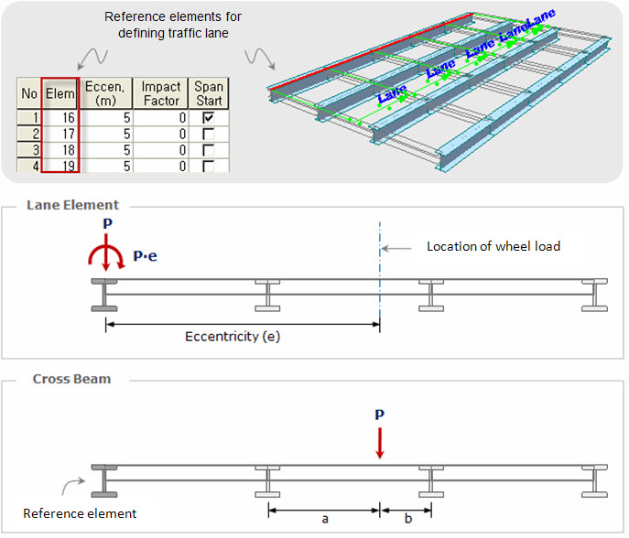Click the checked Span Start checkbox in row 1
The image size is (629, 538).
210,118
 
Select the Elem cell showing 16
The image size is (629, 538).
61,118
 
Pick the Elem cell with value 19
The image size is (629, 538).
61,166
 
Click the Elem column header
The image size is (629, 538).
61,93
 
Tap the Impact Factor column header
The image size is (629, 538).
161,93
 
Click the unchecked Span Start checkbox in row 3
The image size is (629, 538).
210,150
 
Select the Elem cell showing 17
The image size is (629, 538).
61,134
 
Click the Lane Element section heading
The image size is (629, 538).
72,205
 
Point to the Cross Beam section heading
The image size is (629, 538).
71,378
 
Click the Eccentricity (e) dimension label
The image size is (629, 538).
233,336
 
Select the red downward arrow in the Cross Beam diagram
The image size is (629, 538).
380,445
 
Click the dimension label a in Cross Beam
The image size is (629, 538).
325,518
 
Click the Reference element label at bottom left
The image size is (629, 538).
80,513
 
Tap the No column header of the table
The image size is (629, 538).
29,93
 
